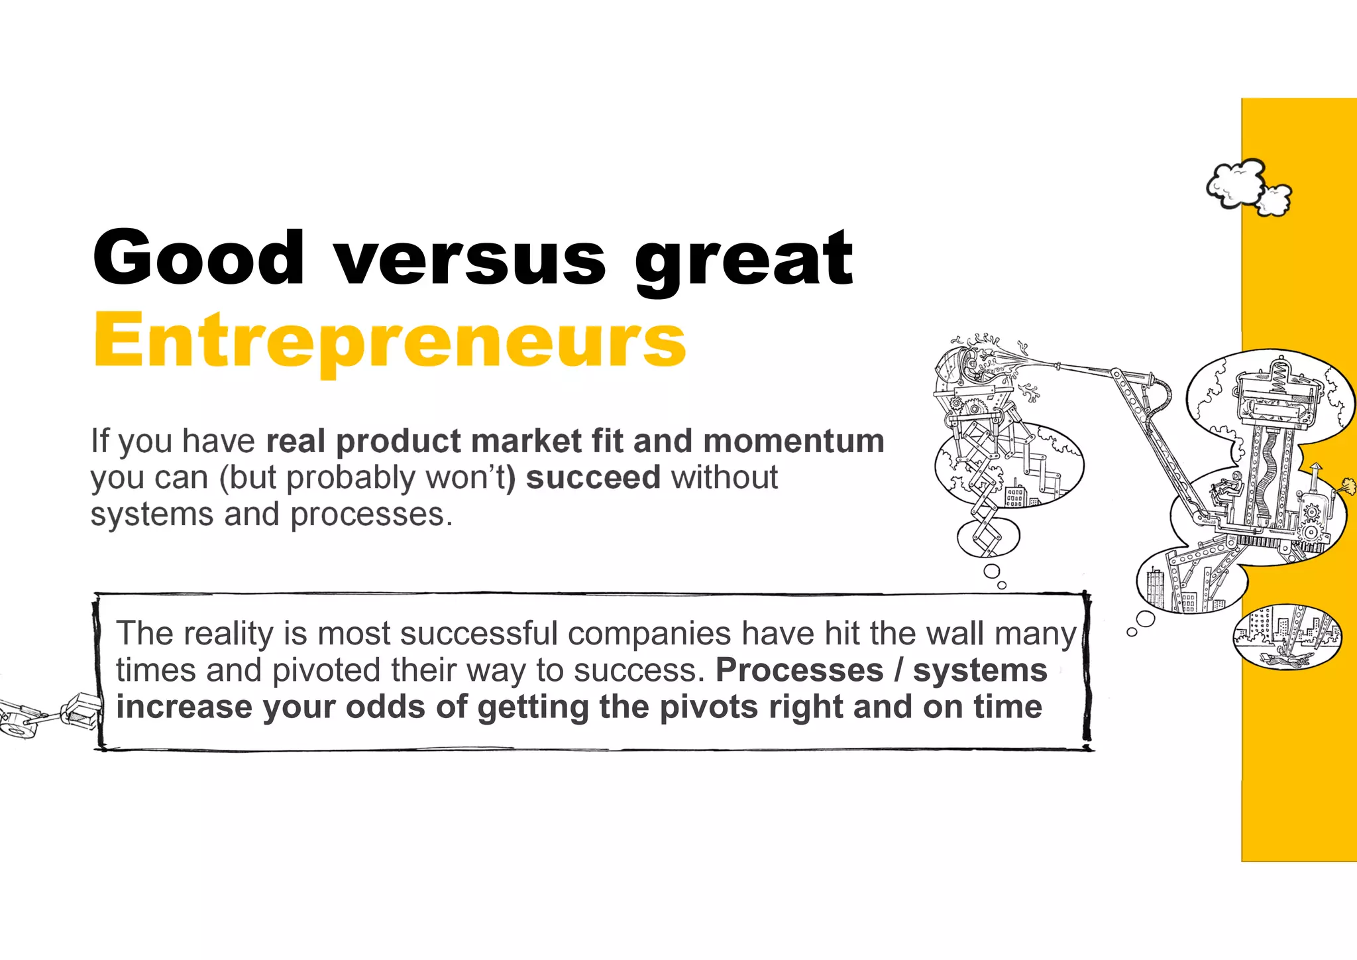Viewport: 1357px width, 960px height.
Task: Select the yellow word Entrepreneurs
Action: [x=390, y=341]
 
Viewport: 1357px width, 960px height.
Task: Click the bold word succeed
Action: [x=593, y=477]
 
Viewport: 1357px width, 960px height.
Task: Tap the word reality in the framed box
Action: [x=229, y=634]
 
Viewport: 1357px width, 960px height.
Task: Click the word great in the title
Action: [x=743, y=260]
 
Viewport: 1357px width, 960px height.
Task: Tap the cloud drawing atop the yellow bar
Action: [x=1248, y=188]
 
